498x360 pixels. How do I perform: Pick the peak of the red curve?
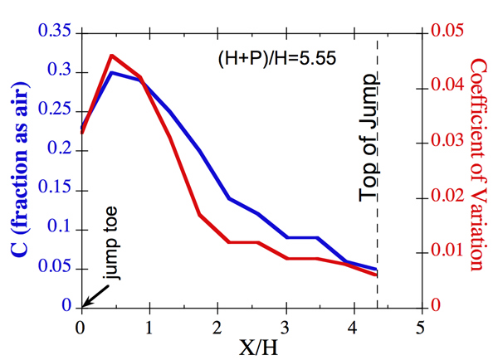coord(111,56)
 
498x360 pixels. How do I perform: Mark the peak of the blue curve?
coord(111,72)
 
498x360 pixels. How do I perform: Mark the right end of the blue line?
coord(378,270)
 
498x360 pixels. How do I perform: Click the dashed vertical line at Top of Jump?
coord(378,207)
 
